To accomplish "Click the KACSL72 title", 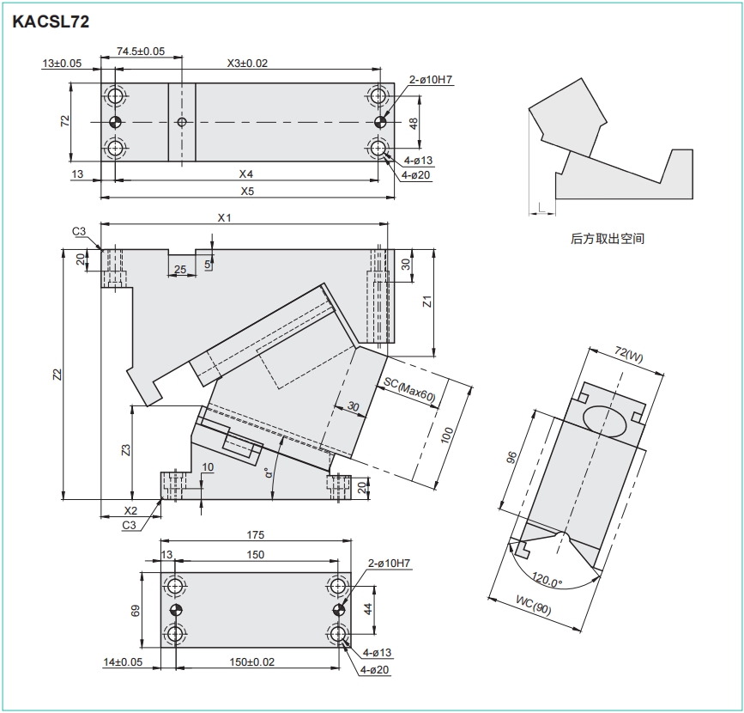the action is point(51,21).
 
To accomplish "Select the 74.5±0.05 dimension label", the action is point(141,52).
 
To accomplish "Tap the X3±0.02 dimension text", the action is point(247,64).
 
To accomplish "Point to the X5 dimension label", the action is point(247,191).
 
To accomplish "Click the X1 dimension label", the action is point(225,217).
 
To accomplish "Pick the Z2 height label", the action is point(57,375).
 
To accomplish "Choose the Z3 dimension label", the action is point(126,450).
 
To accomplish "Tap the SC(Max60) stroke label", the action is point(409,390).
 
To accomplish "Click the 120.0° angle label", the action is point(547,579).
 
